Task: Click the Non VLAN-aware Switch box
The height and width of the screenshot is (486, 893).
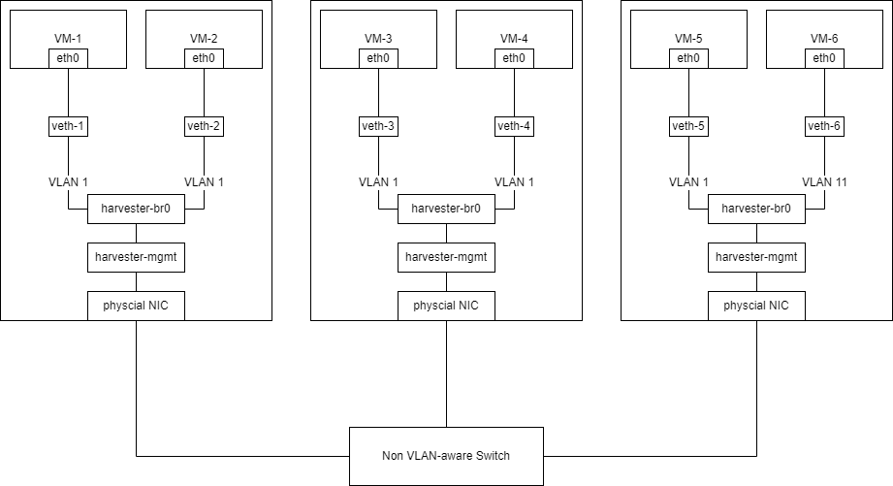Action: click(x=446, y=456)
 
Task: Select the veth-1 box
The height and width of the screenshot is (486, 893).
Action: click(x=68, y=126)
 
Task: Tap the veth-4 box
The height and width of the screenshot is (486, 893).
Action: click(x=514, y=126)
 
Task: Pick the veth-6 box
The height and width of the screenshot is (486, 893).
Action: click(x=824, y=126)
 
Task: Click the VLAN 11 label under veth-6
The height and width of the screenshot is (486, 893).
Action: click(x=824, y=182)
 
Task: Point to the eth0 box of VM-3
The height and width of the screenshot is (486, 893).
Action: click(x=378, y=58)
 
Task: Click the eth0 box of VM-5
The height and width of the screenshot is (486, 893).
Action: click(x=688, y=58)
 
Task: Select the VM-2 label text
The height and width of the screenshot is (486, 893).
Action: click(x=204, y=39)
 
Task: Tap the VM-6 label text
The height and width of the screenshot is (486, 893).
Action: click(x=824, y=39)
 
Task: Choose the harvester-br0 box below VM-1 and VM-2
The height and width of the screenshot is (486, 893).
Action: click(x=136, y=209)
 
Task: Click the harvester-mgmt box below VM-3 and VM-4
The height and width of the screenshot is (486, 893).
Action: click(x=446, y=257)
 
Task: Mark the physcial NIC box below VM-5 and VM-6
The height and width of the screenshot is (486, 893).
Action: click(x=756, y=306)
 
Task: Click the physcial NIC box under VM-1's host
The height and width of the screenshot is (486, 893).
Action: click(x=136, y=306)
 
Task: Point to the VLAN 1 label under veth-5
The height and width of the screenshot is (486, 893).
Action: click(x=688, y=182)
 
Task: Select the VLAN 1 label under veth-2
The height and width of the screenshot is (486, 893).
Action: click(x=204, y=182)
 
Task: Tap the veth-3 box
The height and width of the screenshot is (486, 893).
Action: click(x=378, y=126)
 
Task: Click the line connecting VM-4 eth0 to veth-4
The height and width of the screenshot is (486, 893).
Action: click(x=514, y=92)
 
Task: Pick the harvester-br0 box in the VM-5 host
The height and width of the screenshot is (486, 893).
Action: click(x=756, y=209)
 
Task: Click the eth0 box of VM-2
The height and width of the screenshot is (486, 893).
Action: click(x=204, y=58)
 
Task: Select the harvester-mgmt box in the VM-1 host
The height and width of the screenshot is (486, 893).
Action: click(x=136, y=257)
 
